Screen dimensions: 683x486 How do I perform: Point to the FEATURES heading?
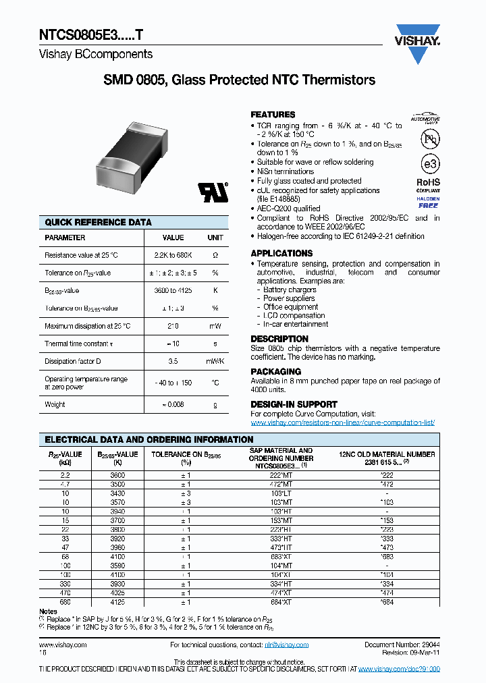[x=273, y=115]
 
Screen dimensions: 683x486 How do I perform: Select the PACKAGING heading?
[x=275, y=371]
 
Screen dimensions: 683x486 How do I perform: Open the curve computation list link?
[x=342, y=422]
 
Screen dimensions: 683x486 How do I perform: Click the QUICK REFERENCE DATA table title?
[x=98, y=222]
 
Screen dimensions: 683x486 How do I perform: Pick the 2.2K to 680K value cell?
[x=173, y=255]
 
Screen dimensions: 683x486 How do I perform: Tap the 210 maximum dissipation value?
[x=173, y=326]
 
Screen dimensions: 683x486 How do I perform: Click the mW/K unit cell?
[x=215, y=361]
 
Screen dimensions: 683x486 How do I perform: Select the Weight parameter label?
[x=55, y=404]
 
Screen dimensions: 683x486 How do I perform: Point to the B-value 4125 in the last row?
[x=117, y=601]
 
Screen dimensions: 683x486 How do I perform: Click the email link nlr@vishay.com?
[x=286, y=645]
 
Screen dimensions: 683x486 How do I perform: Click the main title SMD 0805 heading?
[x=239, y=80]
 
